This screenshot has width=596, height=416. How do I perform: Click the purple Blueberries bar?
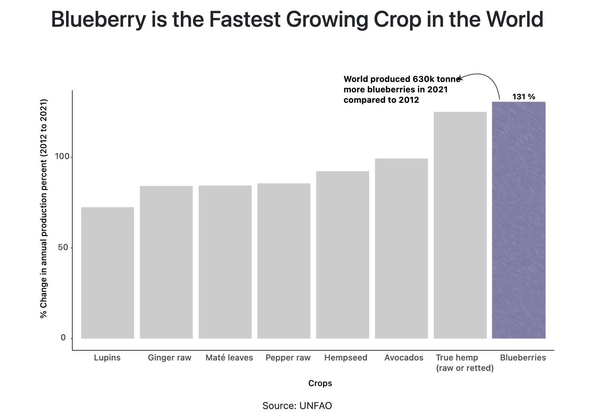(518, 220)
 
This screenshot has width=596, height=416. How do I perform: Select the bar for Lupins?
(107, 273)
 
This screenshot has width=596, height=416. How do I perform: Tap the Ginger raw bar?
(166, 262)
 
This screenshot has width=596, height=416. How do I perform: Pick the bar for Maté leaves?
(225, 262)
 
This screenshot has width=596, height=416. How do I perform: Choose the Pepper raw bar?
(284, 261)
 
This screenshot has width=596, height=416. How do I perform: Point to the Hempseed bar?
(343, 255)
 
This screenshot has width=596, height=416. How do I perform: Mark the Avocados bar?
(401, 248)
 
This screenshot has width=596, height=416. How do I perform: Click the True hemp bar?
(460, 225)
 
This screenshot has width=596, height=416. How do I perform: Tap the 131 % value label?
(524, 97)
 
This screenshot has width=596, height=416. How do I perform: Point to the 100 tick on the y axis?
(62, 157)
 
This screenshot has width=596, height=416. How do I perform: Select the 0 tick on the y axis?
(63, 338)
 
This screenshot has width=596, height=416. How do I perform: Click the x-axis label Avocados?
(404, 358)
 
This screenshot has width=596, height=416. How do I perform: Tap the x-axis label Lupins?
(107, 358)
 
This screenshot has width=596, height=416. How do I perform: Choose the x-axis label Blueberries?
(523, 358)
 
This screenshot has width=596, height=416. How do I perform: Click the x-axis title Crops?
(320, 383)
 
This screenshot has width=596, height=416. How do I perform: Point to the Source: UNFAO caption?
(297, 406)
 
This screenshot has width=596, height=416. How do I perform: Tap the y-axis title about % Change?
(43, 208)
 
